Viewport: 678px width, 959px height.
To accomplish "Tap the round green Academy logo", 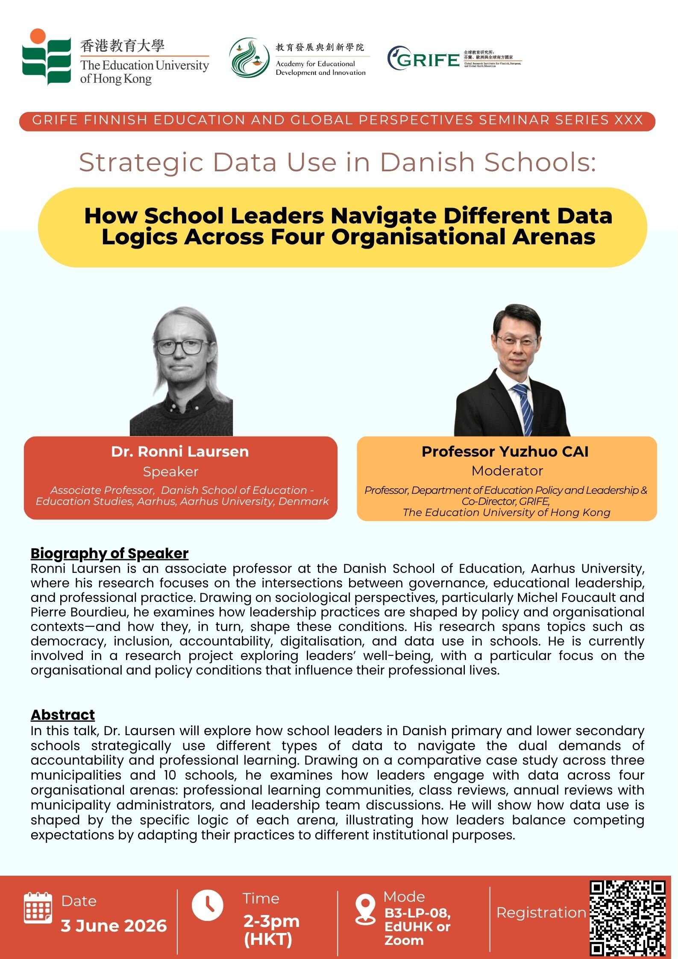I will click(x=250, y=58).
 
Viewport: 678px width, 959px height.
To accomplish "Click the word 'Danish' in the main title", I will click(x=427, y=162).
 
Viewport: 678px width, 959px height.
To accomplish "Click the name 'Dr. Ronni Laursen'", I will click(x=180, y=452).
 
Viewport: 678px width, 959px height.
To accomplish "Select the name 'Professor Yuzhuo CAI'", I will click(x=505, y=452).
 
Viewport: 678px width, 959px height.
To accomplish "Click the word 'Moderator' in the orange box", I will click(x=507, y=471).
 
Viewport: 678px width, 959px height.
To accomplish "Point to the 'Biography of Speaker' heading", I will click(x=109, y=553).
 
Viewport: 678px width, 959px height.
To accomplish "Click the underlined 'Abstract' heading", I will click(x=63, y=715).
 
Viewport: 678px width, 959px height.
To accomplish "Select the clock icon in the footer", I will click(x=207, y=905).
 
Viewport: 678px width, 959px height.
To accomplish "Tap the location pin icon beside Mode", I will click(x=365, y=909).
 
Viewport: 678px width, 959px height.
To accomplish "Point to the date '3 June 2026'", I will click(x=114, y=926).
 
